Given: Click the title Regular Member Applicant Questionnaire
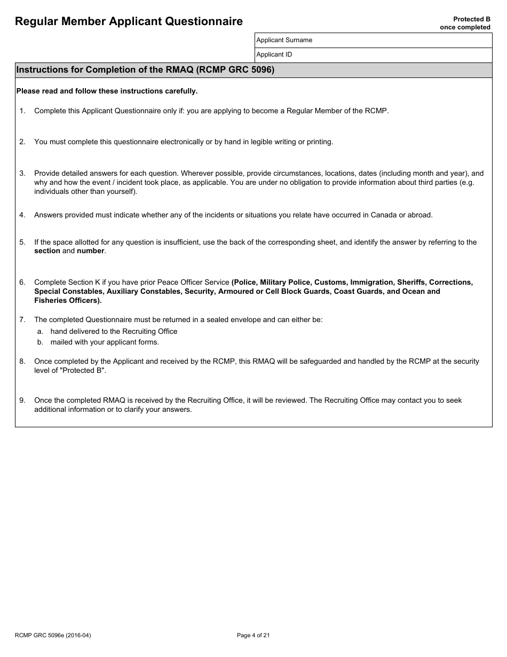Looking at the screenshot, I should coord(129,21).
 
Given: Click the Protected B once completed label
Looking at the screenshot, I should coord(464,23).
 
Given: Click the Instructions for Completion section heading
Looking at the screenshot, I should coord(145,70).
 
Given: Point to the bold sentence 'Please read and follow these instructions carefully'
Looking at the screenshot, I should coord(107,91).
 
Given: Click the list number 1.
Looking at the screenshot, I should coord(22,111).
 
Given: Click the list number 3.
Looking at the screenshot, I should coord(22,174).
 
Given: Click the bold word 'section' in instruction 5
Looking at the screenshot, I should coord(47,251).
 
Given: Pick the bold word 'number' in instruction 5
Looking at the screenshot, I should coord(90,251).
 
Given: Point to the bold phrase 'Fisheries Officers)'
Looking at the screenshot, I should coord(68,301).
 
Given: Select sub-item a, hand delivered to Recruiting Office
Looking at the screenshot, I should coord(113,332).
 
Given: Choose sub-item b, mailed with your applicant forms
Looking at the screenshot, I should coord(105,342).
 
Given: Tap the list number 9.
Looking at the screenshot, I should coord(22,401).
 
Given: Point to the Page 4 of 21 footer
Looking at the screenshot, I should coord(253,635).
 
